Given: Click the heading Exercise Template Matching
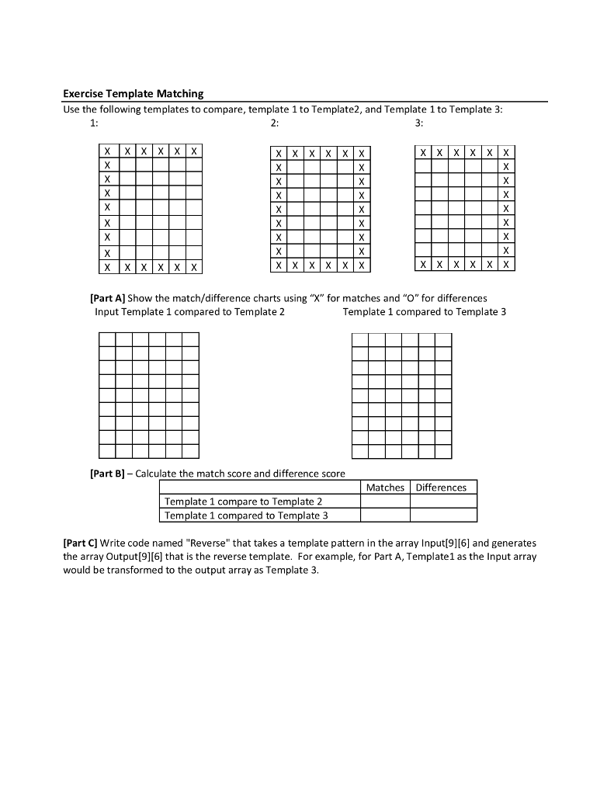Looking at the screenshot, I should pos(133,94).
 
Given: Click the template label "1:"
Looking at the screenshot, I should pos(94,123).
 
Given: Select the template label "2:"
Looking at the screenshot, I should pos(274,123).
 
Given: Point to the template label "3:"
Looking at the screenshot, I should pos(420,123).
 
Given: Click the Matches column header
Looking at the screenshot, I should pos(385,488).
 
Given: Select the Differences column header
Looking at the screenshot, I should pos(441,488).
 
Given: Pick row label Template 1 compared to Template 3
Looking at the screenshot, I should pos(246,516).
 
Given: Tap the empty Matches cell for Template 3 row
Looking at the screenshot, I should pos(385,516).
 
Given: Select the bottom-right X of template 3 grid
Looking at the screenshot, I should pos(507,265).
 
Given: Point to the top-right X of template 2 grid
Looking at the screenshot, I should pos(361,154).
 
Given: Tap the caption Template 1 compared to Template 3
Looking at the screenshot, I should pos(424,312).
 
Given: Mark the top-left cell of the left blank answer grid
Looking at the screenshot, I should pos(107,339).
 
